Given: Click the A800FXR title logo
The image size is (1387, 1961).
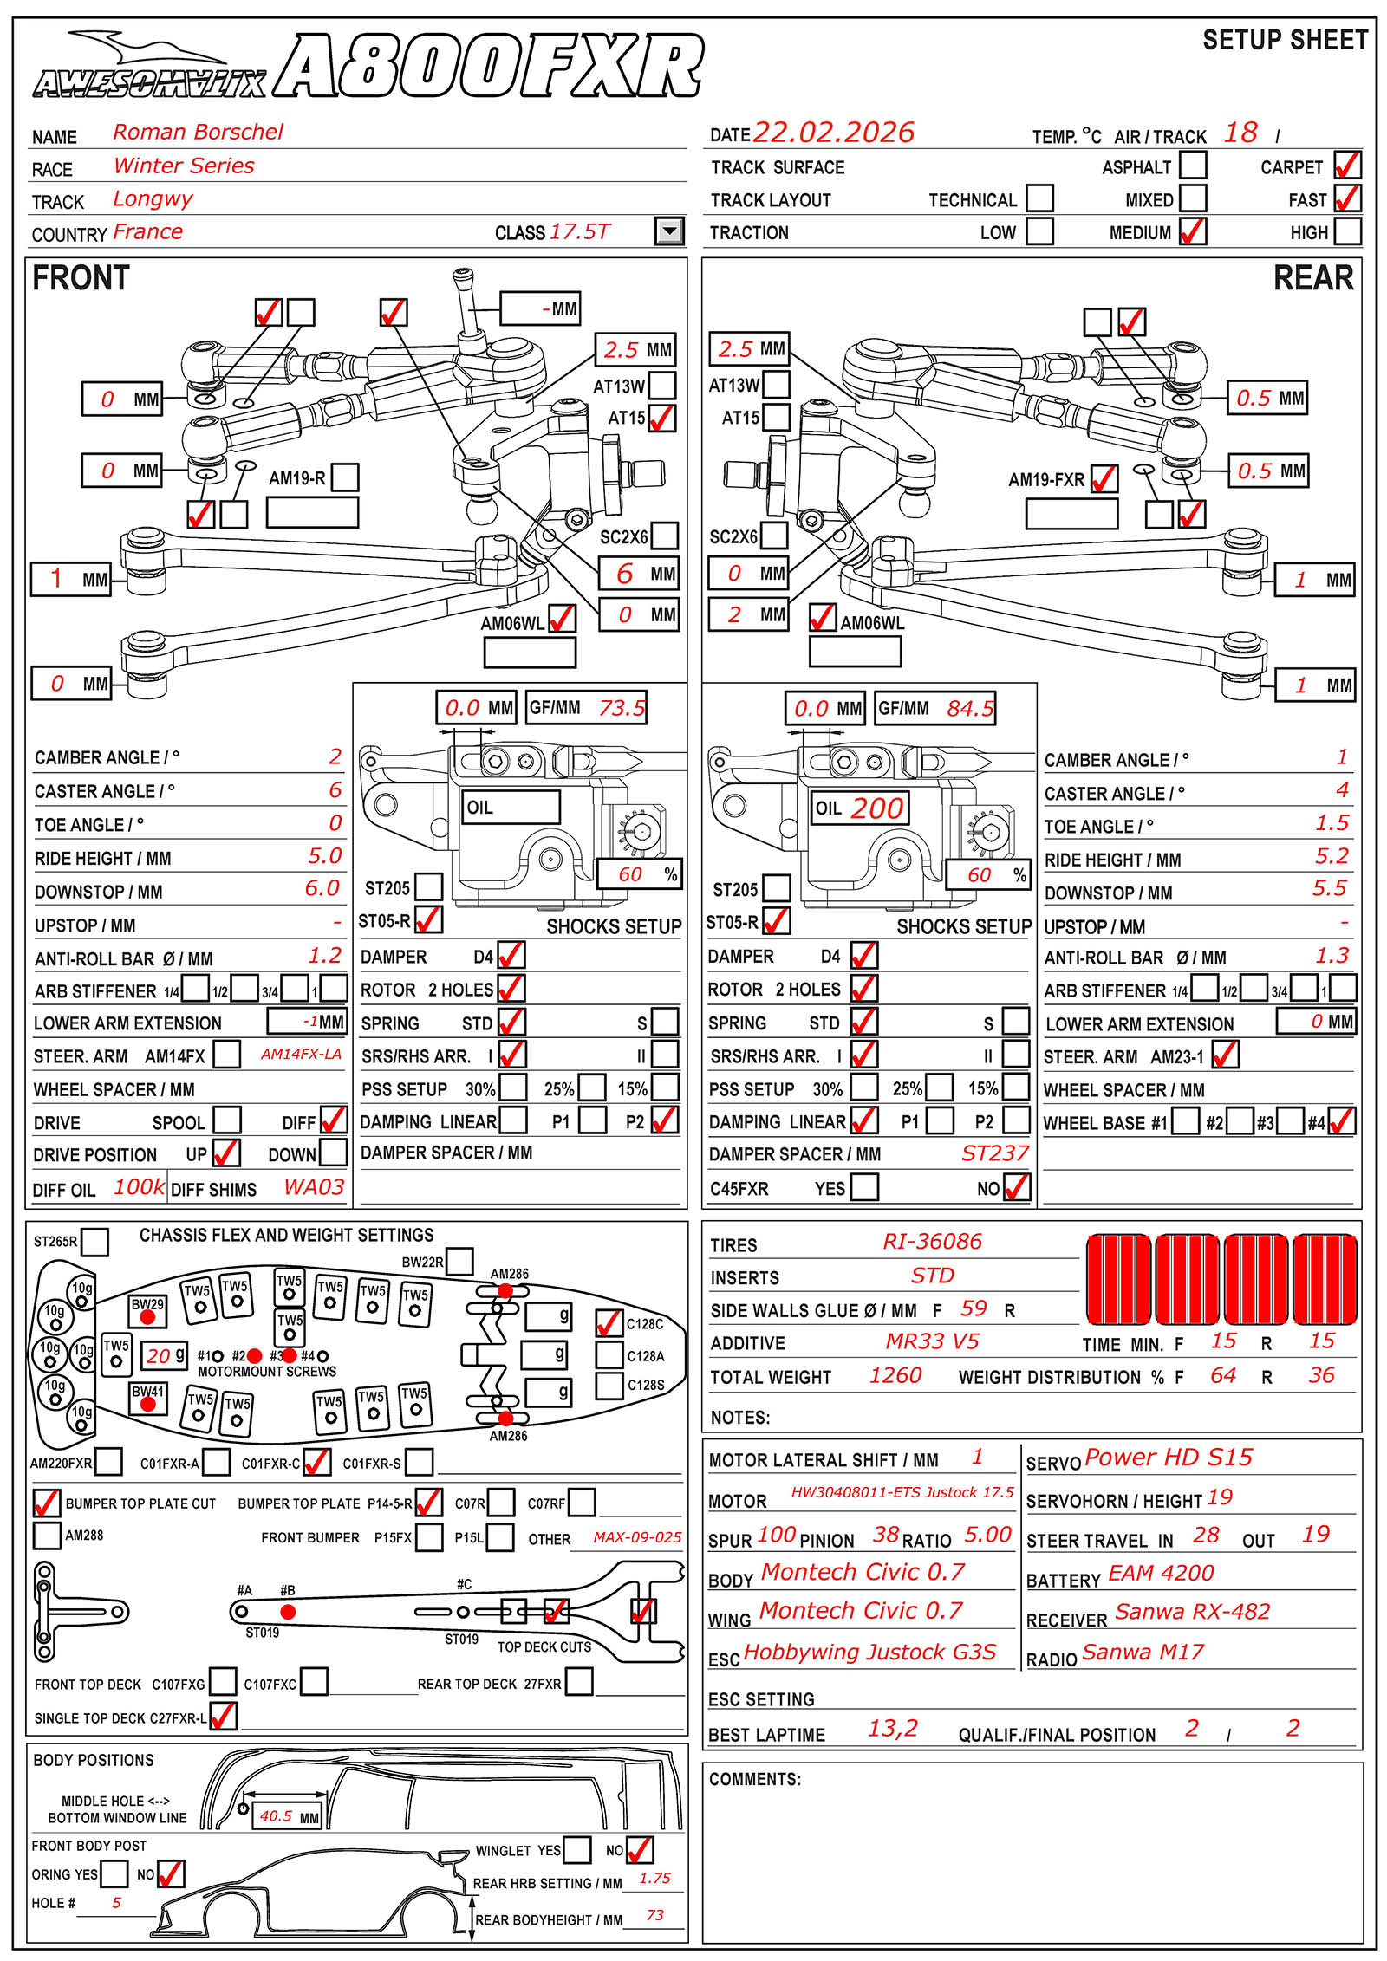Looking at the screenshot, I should [490, 66].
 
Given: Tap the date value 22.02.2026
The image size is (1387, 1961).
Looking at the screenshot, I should [833, 133].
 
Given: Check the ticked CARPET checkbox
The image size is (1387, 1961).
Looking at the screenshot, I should [1347, 165].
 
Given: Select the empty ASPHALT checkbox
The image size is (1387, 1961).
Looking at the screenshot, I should [1193, 165].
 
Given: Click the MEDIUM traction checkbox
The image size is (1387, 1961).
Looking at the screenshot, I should [1193, 231].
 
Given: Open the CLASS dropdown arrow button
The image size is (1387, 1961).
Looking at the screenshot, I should [669, 231].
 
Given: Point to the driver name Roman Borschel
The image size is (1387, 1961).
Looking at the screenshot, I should [198, 132].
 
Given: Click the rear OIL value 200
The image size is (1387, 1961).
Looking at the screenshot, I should [876, 808].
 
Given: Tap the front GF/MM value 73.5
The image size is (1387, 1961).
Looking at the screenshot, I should [622, 708].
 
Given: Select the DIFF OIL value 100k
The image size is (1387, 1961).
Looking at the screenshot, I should [139, 1187].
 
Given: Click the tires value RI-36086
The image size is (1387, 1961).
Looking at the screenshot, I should [932, 1242].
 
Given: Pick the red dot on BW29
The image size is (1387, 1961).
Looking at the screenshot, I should [147, 1317].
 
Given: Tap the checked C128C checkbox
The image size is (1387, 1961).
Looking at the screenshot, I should [609, 1323].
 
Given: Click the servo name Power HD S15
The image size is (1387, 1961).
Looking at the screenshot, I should [1168, 1458].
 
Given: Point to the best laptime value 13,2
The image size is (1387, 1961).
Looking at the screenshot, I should [892, 1729].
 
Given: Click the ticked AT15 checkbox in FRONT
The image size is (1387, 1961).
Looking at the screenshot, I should [662, 419].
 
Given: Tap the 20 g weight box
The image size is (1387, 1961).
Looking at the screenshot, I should [165, 1355].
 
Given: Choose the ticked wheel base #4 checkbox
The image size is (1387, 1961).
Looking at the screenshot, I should [1341, 1122].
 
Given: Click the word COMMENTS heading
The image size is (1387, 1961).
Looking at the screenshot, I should [754, 1779].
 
